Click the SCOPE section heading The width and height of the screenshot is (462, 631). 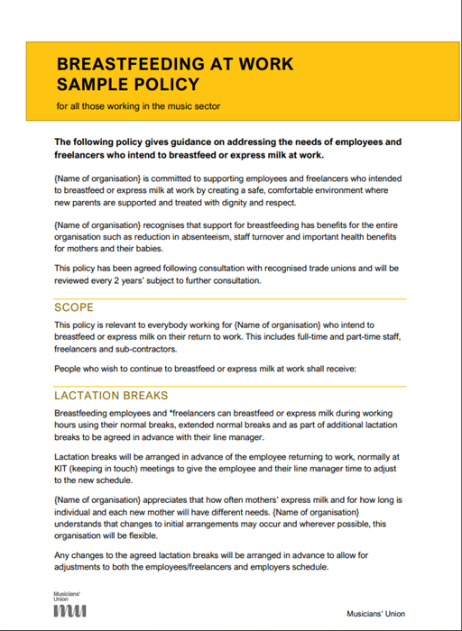click(74, 307)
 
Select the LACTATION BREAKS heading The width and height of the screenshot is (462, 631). click(111, 396)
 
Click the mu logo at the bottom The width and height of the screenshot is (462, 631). click(69, 611)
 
